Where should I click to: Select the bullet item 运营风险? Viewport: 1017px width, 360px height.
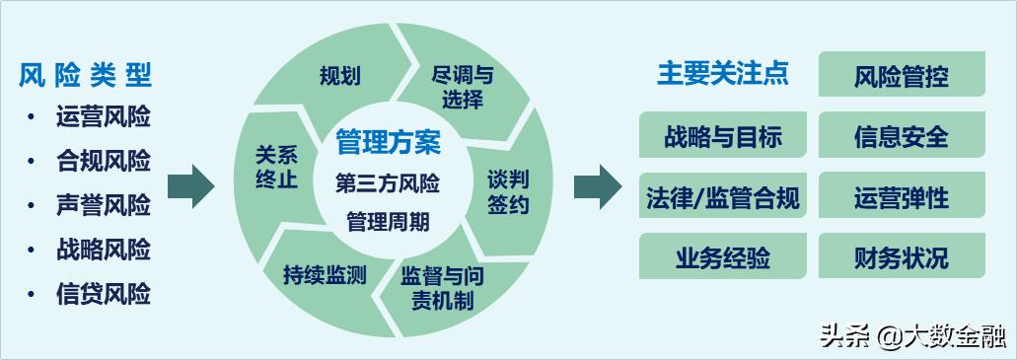pos(104,116)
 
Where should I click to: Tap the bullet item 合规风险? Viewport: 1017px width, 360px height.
pos(104,160)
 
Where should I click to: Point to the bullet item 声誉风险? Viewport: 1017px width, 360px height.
pos(104,205)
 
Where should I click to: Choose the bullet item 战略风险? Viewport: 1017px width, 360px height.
pos(104,250)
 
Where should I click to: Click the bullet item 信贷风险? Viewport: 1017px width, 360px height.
pos(104,293)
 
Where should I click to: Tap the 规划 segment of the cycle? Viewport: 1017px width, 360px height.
pos(339,76)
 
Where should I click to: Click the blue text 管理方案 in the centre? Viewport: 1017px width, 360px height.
pos(388,142)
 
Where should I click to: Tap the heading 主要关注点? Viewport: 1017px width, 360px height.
pos(722,74)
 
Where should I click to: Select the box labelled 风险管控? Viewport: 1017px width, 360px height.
pos(902,75)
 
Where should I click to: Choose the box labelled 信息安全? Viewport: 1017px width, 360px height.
pos(902,135)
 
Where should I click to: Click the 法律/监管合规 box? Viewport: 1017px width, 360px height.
pos(723,197)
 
